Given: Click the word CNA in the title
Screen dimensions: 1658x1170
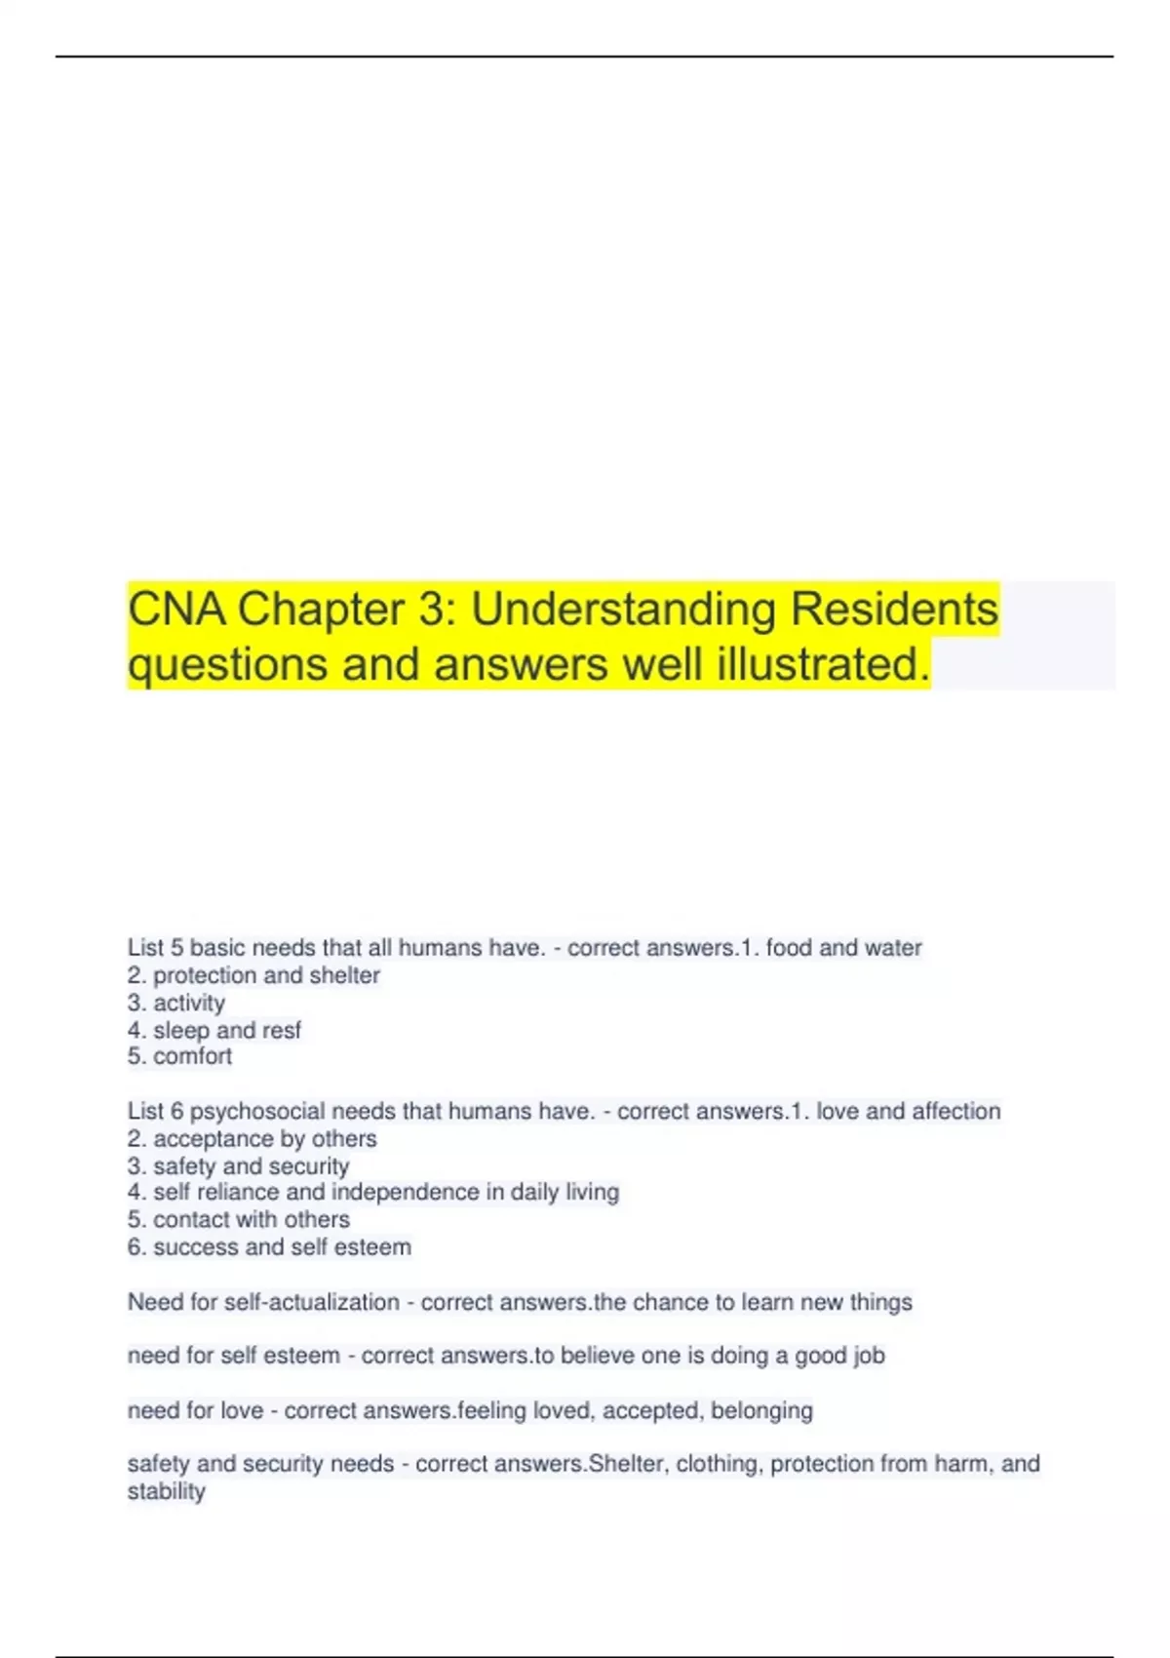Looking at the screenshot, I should [x=176, y=610].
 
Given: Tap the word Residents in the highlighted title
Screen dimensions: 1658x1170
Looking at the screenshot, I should [x=894, y=610].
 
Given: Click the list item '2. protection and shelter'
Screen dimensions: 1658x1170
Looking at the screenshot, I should [x=253, y=975].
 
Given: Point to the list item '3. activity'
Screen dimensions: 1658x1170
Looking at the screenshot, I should [x=176, y=1003].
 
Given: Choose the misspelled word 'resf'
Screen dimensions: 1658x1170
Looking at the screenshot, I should [x=281, y=1030].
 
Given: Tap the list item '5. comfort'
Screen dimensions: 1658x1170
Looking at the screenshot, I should [x=180, y=1056].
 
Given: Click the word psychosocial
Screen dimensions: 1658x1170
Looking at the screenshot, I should [x=257, y=1112].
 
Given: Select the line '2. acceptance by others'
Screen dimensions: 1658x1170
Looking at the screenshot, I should [x=252, y=1139].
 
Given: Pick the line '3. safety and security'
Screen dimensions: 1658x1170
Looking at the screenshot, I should [x=238, y=1166].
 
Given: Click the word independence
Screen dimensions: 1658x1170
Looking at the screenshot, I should [x=406, y=1192].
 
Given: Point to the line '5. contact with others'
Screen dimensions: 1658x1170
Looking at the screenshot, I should [x=238, y=1219].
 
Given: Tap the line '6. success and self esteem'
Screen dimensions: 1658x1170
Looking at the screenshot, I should [x=269, y=1246].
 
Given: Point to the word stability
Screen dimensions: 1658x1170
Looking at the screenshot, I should [x=167, y=1491].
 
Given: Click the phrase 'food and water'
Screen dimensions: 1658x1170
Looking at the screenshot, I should [x=843, y=948].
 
